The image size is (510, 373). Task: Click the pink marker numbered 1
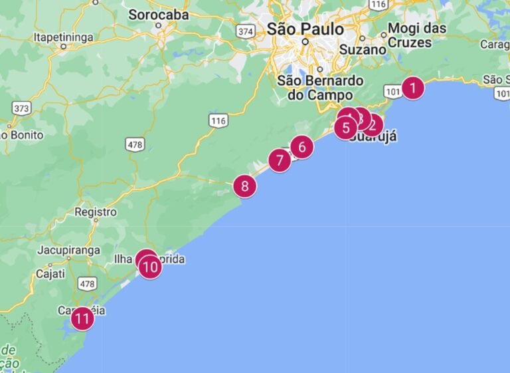click(x=413, y=88)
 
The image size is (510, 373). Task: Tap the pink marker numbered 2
click(x=372, y=124)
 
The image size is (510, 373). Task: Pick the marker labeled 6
click(x=302, y=147)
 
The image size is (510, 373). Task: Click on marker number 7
click(x=280, y=160)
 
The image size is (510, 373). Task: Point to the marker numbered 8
click(x=244, y=186)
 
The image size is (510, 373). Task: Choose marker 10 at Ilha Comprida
click(x=151, y=267)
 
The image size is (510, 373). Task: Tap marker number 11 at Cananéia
click(x=82, y=319)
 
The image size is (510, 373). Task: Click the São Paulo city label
click(x=305, y=29)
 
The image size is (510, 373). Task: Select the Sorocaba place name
click(x=158, y=14)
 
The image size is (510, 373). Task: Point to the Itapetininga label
click(x=64, y=37)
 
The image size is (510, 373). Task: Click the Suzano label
click(x=363, y=49)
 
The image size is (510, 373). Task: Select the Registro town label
click(x=96, y=212)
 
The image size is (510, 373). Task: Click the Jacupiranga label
click(x=68, y=250)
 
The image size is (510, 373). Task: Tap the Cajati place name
click(x=50, y=273)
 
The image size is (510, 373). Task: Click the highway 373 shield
click(x=21, y=108)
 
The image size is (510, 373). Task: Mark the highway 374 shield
click(x=246, y=31)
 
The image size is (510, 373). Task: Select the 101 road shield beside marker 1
click(x=393, y=90)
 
